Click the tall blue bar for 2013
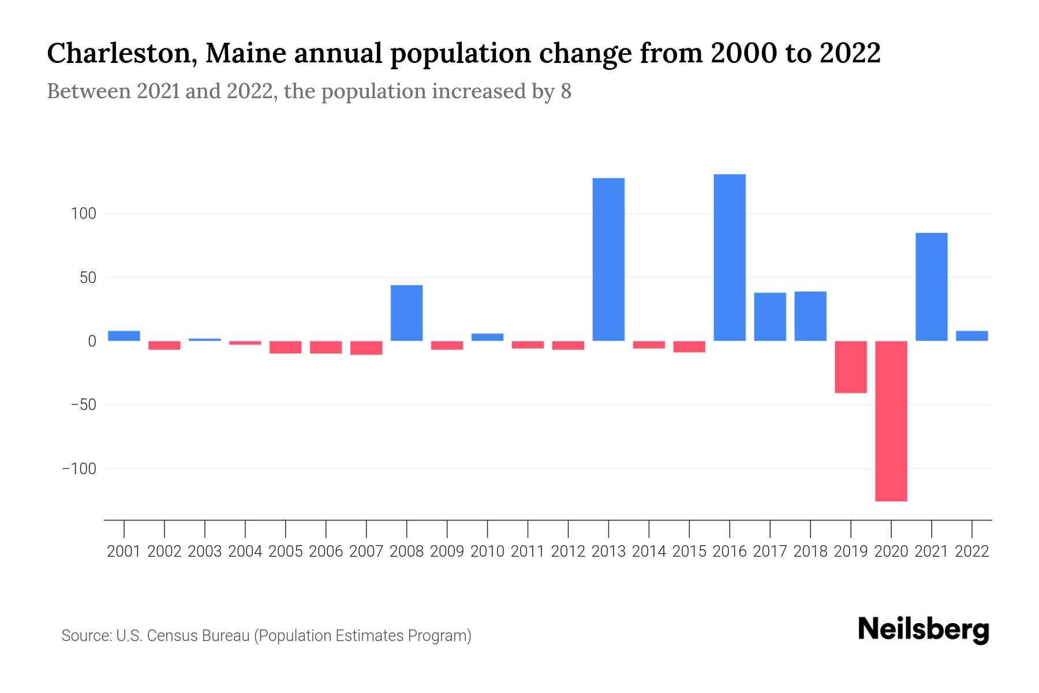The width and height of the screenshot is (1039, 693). (608, 260)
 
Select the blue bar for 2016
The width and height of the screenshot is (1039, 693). (730, 258)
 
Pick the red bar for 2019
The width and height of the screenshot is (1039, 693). (851, 367)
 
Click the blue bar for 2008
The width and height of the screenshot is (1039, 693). (406, 313)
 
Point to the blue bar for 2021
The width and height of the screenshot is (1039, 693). (932, 287)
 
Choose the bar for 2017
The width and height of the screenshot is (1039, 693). (770, 316)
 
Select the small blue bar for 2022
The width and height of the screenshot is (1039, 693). (972, 336)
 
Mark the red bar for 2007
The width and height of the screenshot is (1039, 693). (366, 348)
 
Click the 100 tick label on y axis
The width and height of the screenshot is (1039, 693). (83, 214)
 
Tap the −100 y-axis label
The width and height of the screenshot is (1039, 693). (79, 468)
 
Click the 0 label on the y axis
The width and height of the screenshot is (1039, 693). (92, 341)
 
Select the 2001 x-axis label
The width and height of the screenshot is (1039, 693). (124, 552)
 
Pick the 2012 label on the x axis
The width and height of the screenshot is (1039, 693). (568, 552)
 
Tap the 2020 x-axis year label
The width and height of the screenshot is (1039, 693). (891, 552)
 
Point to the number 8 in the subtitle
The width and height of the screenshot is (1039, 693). (566, 91)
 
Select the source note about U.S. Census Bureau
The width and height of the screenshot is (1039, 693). (266, 636)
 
